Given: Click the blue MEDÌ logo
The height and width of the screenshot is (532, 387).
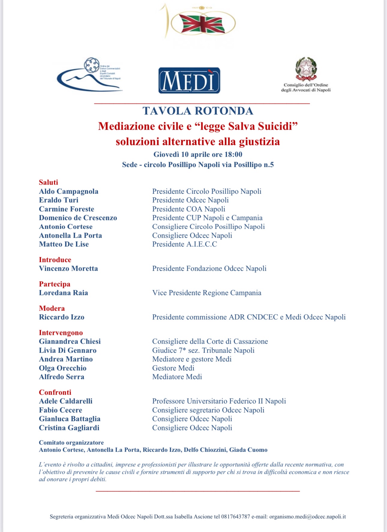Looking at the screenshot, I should [189, 80].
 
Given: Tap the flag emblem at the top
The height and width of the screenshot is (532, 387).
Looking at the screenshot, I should [202, 23].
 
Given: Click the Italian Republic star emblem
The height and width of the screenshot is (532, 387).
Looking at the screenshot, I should [306, 68].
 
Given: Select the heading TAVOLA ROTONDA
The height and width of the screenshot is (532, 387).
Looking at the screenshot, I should [198, 111].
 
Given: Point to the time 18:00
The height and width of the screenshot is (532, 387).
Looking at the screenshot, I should [233, 155].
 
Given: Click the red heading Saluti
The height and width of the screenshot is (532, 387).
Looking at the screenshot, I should [49, 182].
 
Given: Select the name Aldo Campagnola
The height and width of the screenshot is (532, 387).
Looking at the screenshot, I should [69, 191].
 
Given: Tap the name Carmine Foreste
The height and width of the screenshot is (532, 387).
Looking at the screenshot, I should [67, 209].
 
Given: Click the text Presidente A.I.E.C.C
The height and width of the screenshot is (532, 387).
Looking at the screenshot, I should [184, 244].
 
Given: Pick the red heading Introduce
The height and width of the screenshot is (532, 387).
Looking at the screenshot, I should [55, 260].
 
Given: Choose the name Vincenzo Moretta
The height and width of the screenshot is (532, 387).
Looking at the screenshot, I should [68, 268].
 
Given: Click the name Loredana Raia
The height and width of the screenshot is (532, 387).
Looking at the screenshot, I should [64, 293].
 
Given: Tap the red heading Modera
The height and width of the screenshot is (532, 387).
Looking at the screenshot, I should [52, 308].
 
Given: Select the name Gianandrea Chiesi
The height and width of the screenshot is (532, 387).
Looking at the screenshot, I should [70, 341].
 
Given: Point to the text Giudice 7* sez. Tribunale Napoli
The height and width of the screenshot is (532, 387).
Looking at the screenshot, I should [203, 350].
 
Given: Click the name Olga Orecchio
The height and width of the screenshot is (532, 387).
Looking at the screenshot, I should [63, 368].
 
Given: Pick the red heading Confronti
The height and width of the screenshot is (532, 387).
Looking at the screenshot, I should [55, 392].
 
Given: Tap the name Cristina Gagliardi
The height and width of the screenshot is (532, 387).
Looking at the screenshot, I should [69, 428].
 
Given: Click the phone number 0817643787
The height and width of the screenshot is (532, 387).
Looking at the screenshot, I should [235, 517].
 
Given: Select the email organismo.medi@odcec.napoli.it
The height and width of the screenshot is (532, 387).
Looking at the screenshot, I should [307, 517].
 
